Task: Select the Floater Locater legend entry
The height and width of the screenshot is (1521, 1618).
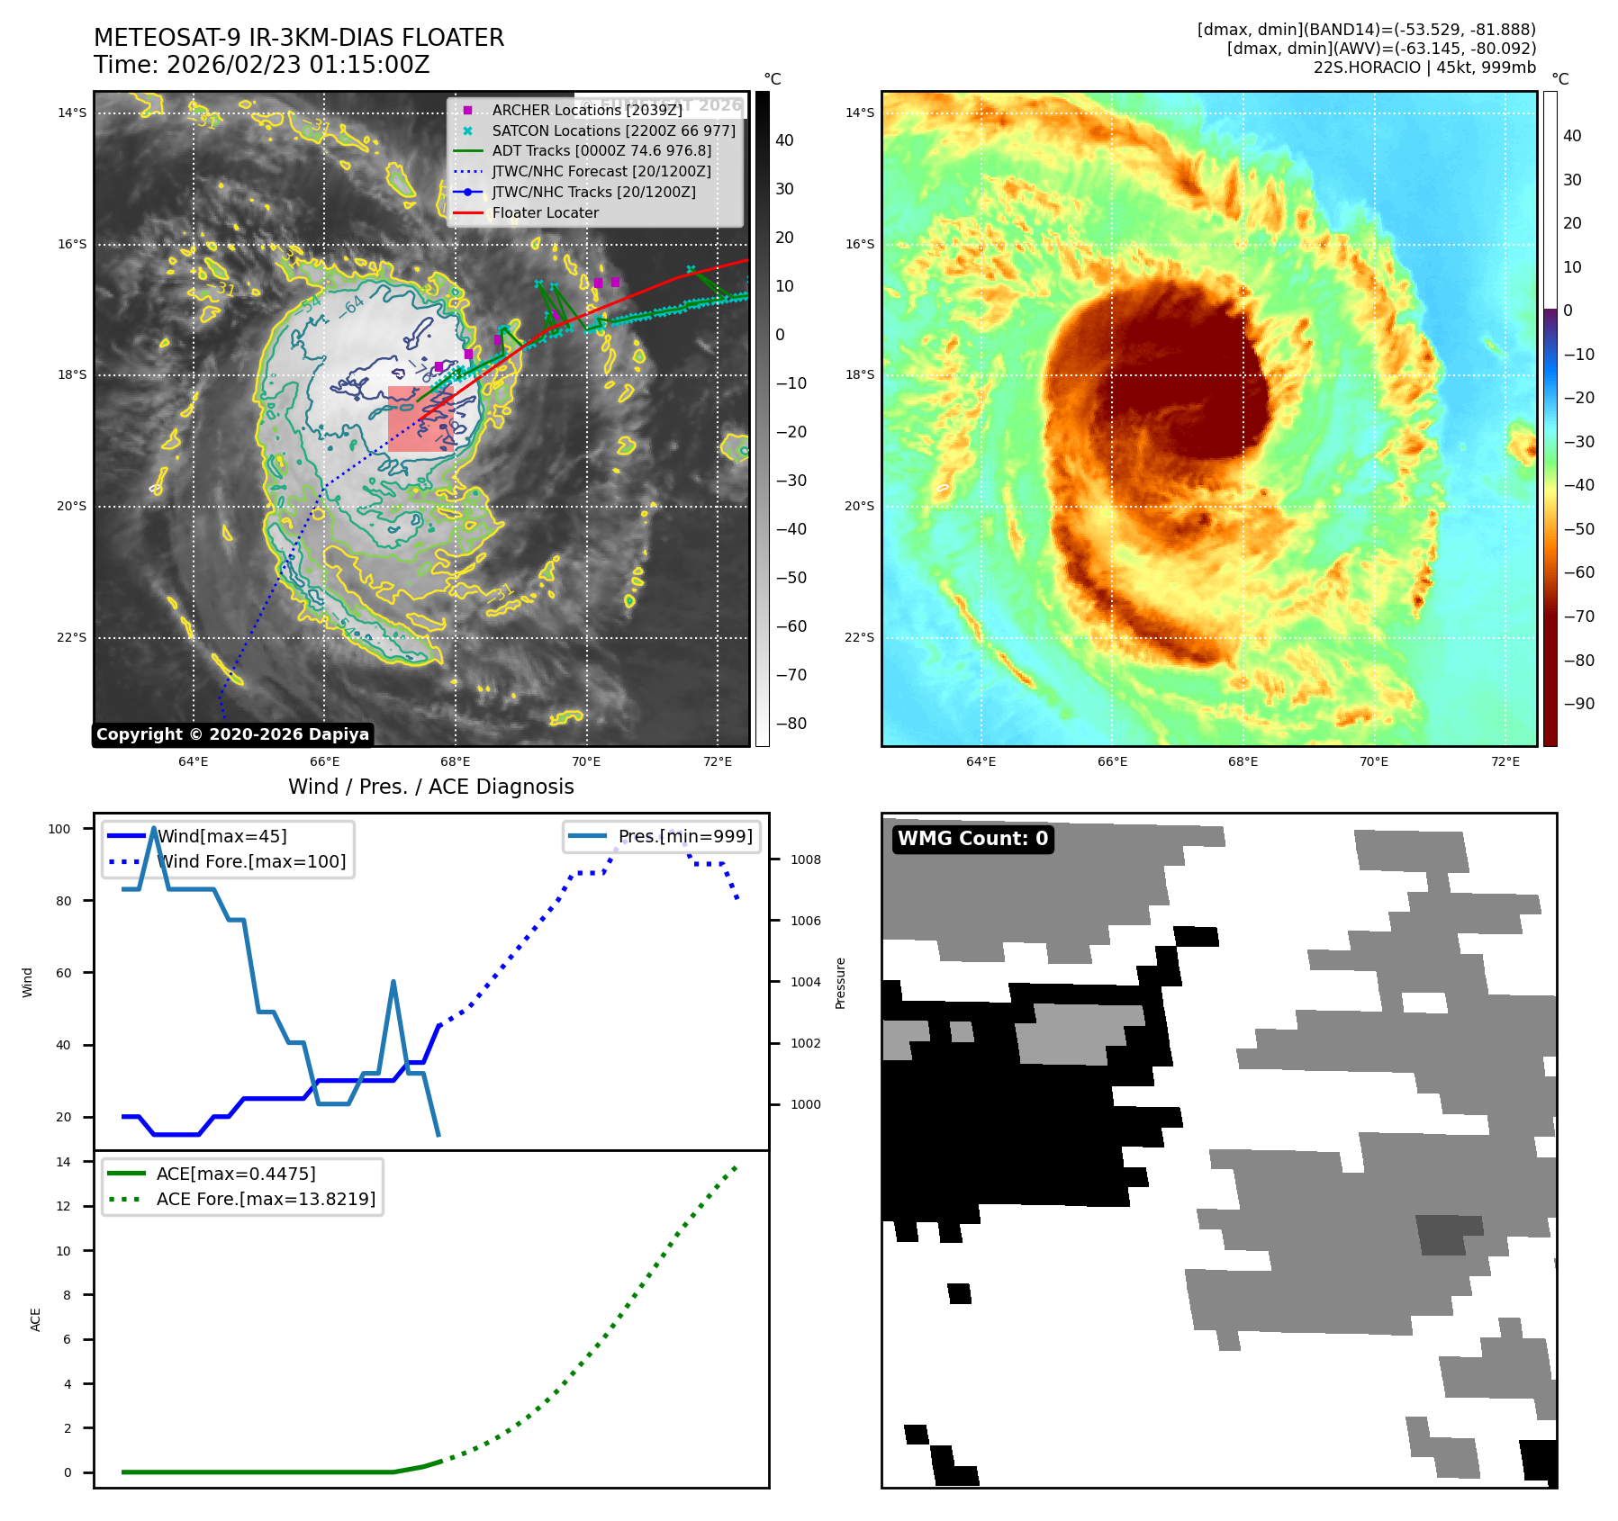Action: (545, 213)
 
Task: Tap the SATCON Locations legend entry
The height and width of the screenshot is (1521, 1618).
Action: (613, 130)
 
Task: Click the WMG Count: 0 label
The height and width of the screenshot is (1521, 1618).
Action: (972, 839)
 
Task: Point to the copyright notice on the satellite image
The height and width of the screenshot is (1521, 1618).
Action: (232, 734)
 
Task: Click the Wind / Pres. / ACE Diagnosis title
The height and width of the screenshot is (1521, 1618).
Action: (430, 787)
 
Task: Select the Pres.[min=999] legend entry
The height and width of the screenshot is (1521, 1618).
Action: (684, 836)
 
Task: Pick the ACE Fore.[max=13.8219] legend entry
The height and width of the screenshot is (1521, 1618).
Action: (266, 1199)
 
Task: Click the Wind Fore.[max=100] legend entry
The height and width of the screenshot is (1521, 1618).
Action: (251, 861)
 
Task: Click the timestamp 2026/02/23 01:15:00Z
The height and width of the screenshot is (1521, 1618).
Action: (298, 65)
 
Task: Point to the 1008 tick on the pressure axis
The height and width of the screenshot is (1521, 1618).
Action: (805, 859)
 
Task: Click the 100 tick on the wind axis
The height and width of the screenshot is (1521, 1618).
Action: (59, 829)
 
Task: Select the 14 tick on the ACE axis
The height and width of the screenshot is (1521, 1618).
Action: (63, 1162)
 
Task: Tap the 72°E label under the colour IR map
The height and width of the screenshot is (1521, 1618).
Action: (1505, 761)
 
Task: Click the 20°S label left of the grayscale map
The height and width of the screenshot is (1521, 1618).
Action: (72, 506)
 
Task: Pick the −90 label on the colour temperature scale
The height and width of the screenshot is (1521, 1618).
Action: (1578, 704)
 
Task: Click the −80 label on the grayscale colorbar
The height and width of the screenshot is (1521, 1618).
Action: (791, 724)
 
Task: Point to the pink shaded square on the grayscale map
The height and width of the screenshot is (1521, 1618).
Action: (420, 418)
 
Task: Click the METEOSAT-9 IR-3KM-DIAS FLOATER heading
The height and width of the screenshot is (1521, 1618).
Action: (299, 38)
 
